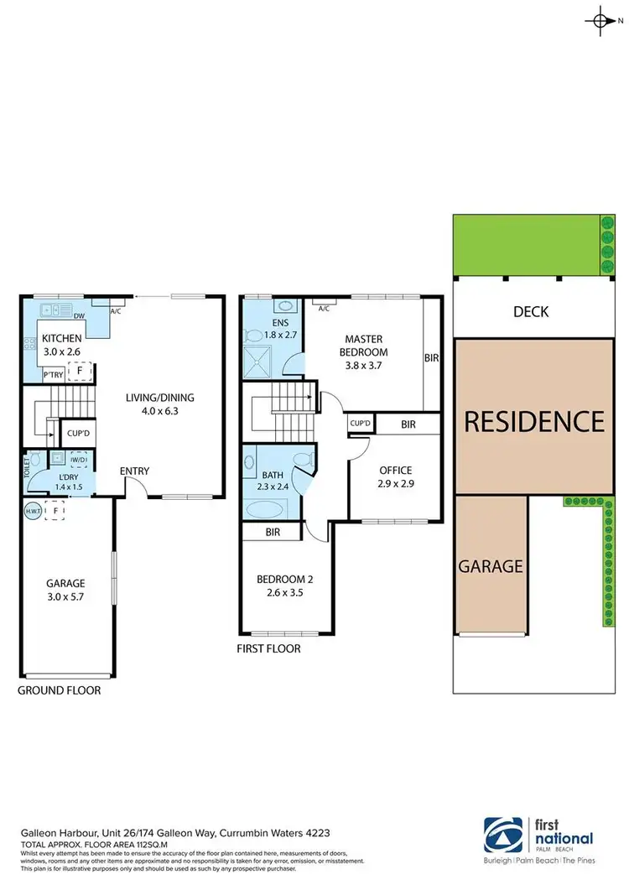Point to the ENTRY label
tap(134, 471)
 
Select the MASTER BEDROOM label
tap(366, 345)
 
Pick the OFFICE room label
tap(395, 470)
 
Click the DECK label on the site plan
tap(531, 312)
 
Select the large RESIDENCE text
tap(533, 420)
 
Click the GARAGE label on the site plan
tap(491, 566)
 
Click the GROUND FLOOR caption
tap(60, 690)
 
